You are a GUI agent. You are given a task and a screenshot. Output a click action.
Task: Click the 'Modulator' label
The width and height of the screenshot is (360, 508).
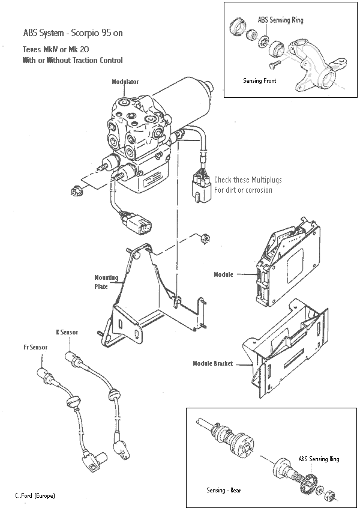pyautogui.click(x=125, y=81)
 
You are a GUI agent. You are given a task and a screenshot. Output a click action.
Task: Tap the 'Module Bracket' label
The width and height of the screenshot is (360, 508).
pyautogui.click(x=213, y=363)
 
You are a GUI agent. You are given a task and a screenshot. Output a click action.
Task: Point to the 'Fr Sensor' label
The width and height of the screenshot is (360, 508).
pyautogui.click(x=35, y=347)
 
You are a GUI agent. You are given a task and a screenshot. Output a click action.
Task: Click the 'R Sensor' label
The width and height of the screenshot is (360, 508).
pyautogui.click(x=67, y=331)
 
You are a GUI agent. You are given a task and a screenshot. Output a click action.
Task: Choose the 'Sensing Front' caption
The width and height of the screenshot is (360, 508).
pyautogui.click(x=259, y=80)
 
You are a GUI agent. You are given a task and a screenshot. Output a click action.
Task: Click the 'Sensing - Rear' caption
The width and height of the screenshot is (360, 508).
pyautogui.click(x=224, y=490)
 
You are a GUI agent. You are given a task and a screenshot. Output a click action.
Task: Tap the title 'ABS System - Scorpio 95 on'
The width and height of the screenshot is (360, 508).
pyautogui.click(x=73, y=33)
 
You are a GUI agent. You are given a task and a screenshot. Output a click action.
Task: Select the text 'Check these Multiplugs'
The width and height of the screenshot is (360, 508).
pyautogui.click(x=248, y=180)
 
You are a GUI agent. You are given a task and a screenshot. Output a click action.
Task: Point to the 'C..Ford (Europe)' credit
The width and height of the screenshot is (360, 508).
pyautogui.click(x=35, y=496)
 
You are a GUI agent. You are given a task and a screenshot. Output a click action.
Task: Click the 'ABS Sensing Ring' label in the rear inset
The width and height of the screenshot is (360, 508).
pyautogui.click(x=319, y=459)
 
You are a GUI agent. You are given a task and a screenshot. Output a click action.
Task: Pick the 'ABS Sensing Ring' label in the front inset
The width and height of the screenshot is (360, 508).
pyautogui.click(x=280, y=20)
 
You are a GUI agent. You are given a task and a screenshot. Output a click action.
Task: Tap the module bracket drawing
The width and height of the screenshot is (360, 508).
pyautogui.click(x=288, y=348)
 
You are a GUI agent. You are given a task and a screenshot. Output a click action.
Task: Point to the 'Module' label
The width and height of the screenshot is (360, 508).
pyautogui.click(x=224, y=275)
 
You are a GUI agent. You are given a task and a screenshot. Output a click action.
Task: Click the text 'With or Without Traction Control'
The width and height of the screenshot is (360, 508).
pyautogui.click(x=73, y=61)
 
